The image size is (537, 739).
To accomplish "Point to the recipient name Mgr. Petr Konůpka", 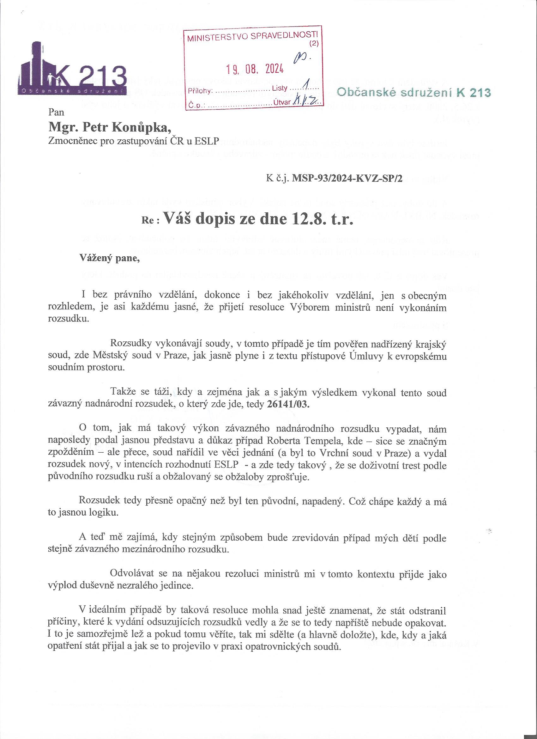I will click(x=109, y=127).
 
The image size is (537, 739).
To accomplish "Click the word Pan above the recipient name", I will click(x=56, y=113).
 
